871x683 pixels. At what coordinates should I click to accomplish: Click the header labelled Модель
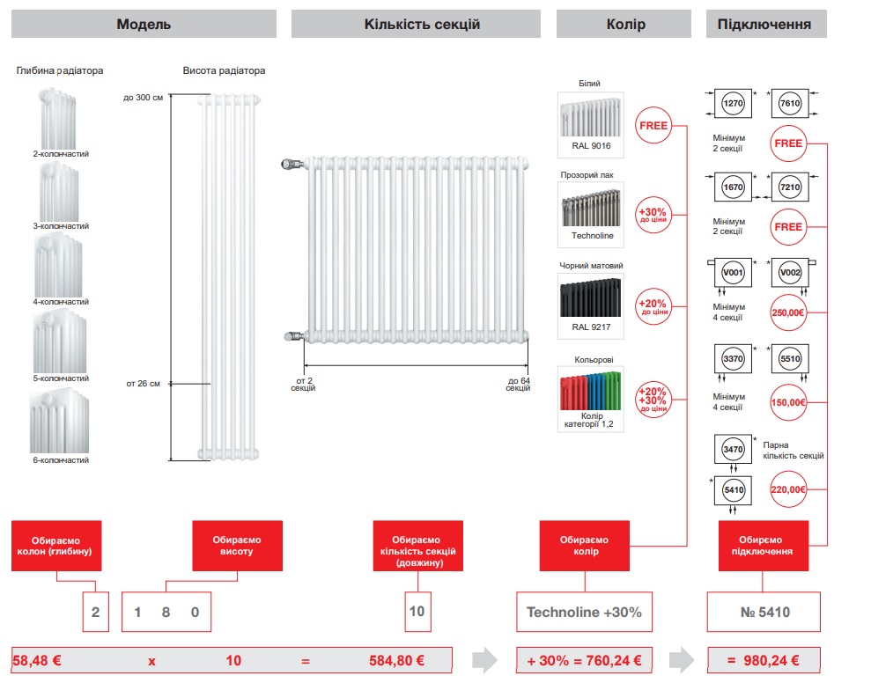[x=144, y=24]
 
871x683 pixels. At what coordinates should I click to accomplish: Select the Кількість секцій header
[x=416, y=24]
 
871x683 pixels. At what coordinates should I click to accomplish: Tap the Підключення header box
[x=765, y=24]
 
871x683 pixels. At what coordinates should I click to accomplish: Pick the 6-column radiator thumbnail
[x=60, y=420]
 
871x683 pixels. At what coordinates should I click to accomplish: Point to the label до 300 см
[x=144, y=97]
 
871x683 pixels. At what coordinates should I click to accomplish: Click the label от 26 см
[x=143, y=384]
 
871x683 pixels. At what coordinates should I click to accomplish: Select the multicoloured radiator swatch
[x=591, y=388]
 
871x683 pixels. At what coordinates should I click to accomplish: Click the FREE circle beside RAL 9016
[x=653, y=125]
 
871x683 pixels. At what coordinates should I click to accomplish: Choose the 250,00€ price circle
[x=788, y=312]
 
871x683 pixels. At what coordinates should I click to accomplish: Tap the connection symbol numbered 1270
[x=733, y=104]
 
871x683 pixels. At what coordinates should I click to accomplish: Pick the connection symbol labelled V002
[x=789, y=274]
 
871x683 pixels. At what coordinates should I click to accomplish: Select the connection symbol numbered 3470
[x=733, y=449]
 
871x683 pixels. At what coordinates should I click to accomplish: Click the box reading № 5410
[x=764, y=612]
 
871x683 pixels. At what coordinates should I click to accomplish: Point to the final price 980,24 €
[x=764, y=660]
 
